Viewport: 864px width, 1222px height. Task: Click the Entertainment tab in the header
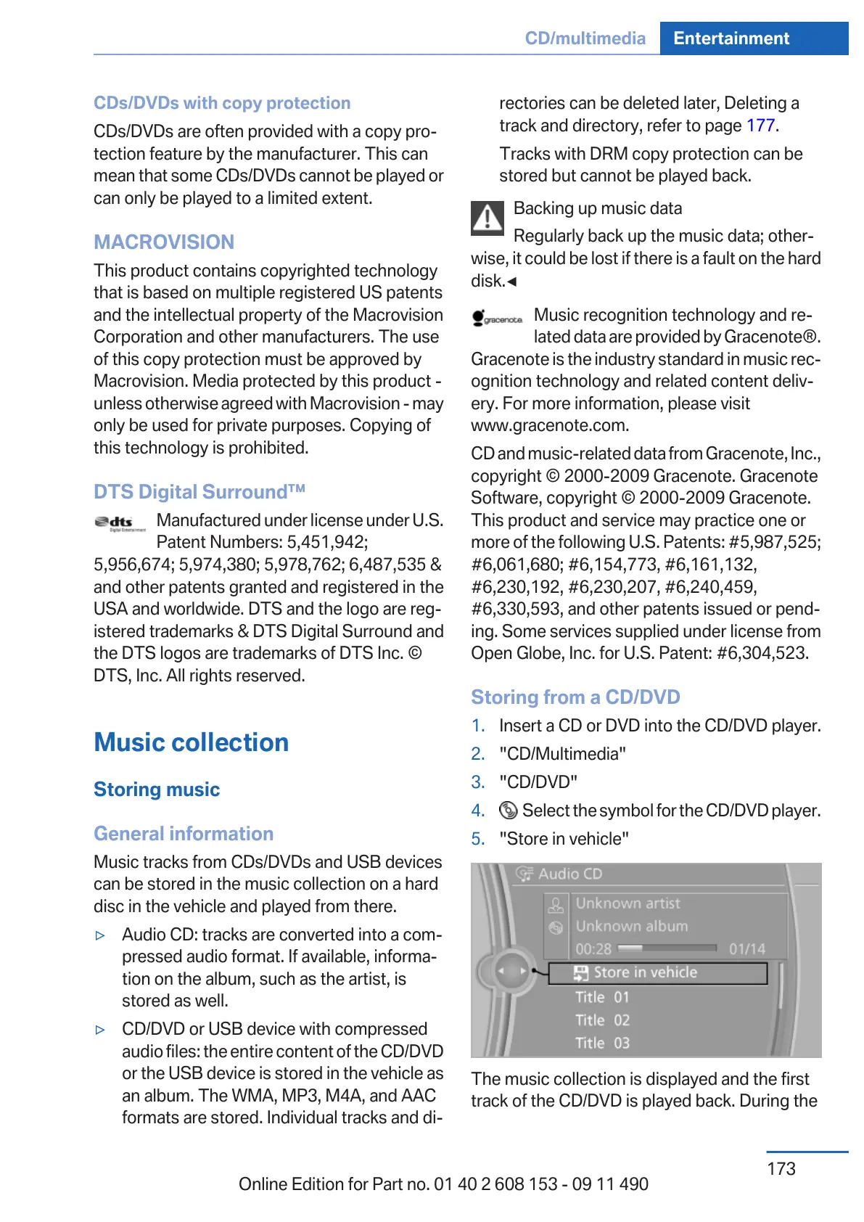[731, 38]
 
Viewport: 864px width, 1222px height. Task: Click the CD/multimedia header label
[585, 38]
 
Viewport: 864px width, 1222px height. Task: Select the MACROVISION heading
[164, 242]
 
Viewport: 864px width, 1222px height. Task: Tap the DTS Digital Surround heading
[199, 492]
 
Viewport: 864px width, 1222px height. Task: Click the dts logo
[120, 523]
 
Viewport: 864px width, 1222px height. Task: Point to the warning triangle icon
[487, 218]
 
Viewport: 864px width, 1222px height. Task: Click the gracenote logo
[497, 319]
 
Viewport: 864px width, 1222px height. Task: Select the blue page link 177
[760, 126]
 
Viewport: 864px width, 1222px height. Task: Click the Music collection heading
[192, 742]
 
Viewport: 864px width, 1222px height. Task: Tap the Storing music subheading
[157, 790]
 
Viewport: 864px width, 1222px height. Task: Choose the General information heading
[184, 834]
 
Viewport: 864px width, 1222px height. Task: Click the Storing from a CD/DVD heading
[575, 697]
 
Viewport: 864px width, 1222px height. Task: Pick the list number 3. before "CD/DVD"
[478, 782]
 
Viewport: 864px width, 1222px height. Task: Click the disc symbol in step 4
[509, 810]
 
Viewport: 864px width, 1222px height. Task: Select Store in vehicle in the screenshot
[644, 972]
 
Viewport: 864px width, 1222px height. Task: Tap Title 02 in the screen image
[602, 1020]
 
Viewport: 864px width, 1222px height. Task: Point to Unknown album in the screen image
[631, 927]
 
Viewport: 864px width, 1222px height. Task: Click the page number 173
[781, 1169]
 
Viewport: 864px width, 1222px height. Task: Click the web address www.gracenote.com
[550, 425]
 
